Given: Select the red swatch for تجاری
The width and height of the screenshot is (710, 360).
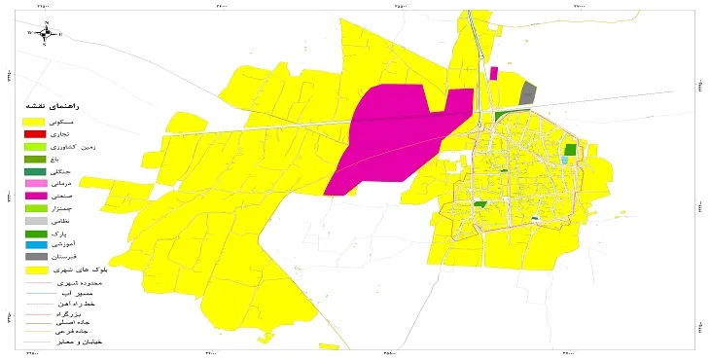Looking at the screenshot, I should (x=35, y=133).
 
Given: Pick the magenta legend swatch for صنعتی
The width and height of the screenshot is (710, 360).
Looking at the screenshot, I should (x=35, y=196).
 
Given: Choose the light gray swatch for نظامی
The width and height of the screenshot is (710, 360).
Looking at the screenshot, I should (x=35, y=221).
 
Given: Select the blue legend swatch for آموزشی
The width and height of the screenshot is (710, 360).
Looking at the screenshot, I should (x=35, y=245).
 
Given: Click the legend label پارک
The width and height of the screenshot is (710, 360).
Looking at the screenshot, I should (x=87, y=233).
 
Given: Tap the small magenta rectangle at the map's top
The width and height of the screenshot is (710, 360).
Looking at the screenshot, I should (x=494, y=73).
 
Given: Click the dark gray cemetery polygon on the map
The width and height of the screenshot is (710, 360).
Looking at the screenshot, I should (x=528, y=93).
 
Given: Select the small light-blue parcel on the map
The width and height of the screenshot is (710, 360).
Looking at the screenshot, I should (x=565, y=161).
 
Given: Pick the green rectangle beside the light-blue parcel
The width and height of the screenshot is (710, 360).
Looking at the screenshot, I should (x=570, y=150).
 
